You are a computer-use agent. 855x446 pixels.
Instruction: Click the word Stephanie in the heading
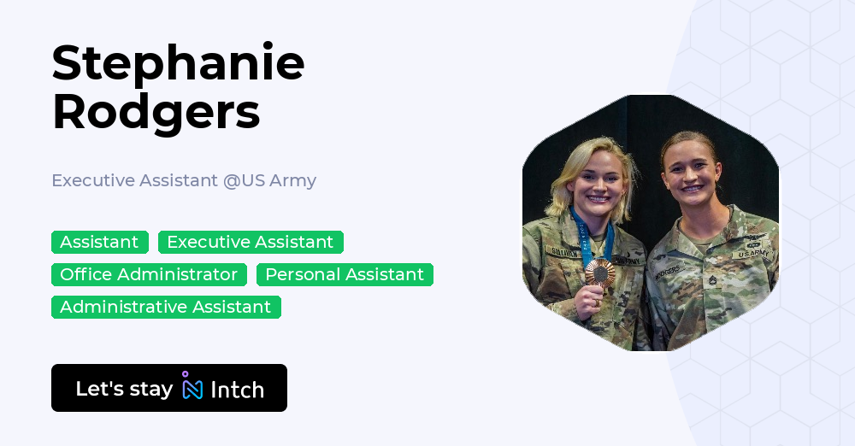[178, 63]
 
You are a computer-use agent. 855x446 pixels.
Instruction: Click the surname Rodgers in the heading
[156, 111]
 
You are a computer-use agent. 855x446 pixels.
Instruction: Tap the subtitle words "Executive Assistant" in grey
[134, 181]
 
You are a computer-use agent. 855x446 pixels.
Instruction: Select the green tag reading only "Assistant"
[99, 242]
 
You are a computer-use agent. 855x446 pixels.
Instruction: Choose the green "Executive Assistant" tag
[251, 242]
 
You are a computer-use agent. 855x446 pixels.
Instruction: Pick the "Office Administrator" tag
[149, 274]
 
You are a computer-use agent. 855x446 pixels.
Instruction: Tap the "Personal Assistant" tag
[345, 274]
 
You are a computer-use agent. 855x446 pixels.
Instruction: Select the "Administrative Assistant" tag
[166, 307]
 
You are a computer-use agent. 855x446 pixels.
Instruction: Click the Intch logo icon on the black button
[192, 387]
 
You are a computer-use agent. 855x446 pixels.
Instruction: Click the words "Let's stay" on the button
[124, 389]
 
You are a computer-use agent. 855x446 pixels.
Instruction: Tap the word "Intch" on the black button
[237, 390]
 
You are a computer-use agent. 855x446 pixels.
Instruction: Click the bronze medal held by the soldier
[599, 273]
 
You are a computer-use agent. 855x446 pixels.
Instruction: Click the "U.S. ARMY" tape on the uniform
[752, 254]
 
